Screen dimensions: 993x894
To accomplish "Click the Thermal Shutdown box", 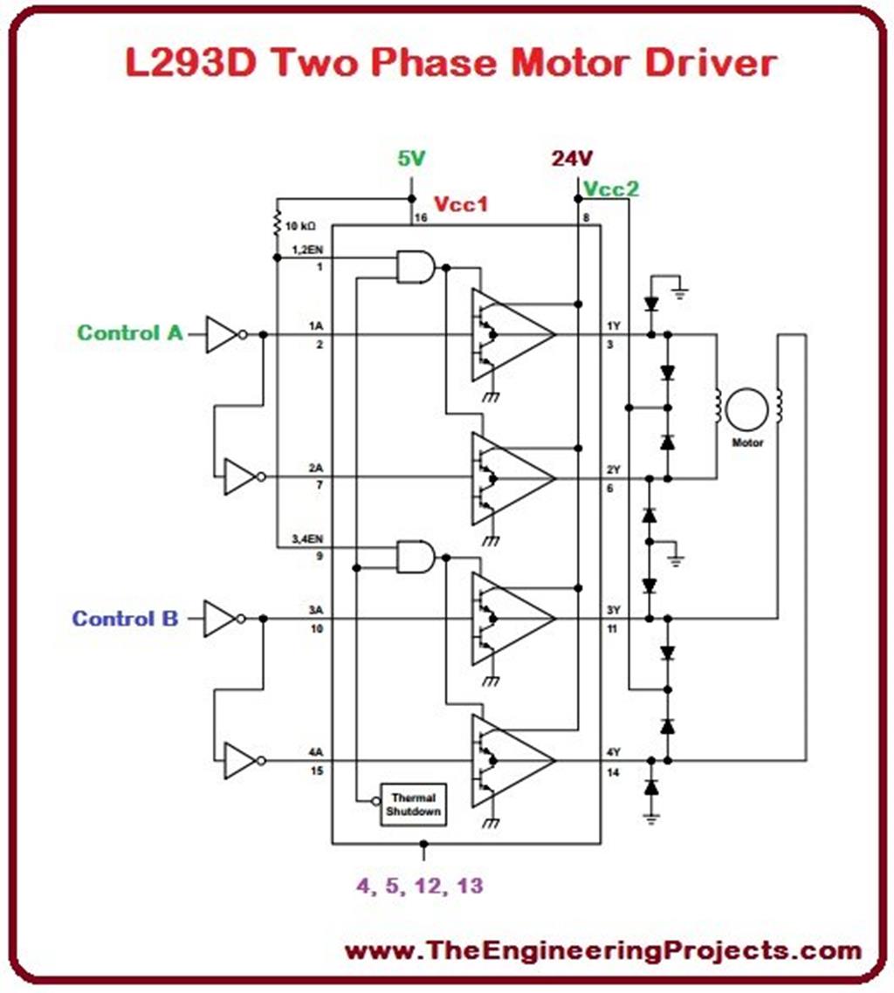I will (x=414, y=804).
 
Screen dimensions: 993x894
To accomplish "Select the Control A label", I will (x=130, y=332).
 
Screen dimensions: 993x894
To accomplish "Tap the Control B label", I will (x=125, y=619).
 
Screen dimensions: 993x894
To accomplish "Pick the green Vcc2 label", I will (x=612, y=188).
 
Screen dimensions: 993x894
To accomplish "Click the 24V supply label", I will (x=572, y=159).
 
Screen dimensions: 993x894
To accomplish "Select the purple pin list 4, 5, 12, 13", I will (x=418, y=885).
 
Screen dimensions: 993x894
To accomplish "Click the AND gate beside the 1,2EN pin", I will (x=416, y=266).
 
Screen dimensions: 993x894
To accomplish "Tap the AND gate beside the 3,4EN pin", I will (x=416, y=556).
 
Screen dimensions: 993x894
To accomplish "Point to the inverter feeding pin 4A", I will (x=239, y=760).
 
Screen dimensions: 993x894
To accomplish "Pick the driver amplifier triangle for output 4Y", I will (x=513, y=760).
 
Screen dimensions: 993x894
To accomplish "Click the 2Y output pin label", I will (x=613, y=469).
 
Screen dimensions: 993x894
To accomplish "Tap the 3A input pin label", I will (x=315, y=611).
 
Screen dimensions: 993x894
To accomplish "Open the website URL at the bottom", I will (x=602, y=950).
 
